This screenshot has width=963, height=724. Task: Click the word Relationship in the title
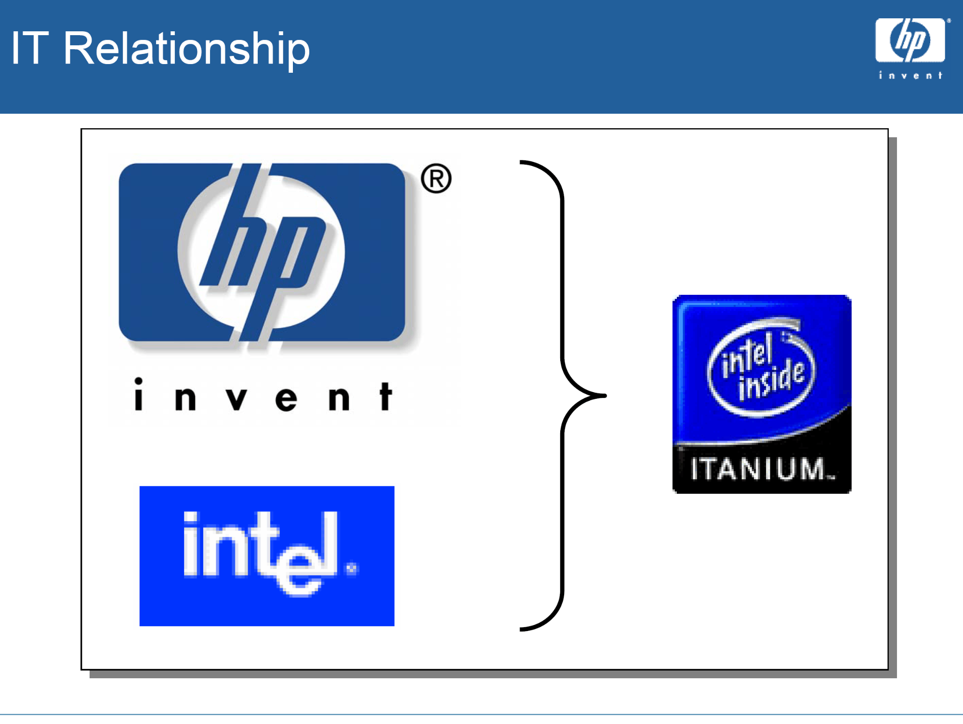coord(186,49)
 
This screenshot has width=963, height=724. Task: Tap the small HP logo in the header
coord(910,40)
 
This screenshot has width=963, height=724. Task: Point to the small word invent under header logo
coord(910,75)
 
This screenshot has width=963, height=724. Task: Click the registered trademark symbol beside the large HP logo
coord(436,179)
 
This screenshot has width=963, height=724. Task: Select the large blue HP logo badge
coord(262,252)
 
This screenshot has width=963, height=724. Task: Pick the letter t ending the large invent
coord(385,396)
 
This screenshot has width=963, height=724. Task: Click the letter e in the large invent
coord(286,399)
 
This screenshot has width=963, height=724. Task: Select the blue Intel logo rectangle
coord(267,555)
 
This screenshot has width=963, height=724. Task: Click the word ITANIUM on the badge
coord(758,469)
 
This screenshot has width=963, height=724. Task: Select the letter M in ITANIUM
coord(813,469)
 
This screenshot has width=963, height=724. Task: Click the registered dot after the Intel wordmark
coord(352,569)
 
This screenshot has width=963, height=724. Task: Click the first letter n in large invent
coord(185,398)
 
